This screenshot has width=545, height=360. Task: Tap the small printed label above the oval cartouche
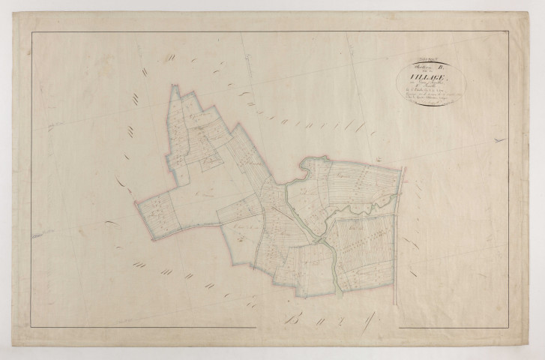(411, 57)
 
